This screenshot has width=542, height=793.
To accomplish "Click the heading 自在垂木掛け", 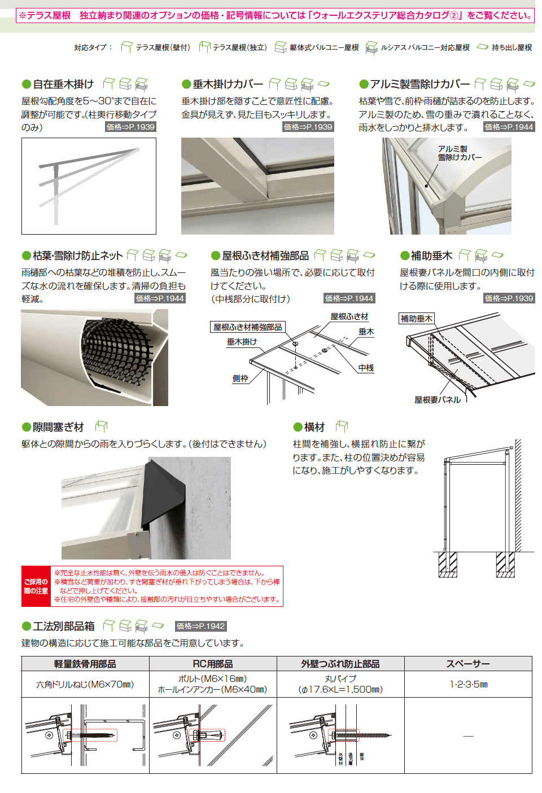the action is (x=63, y=84).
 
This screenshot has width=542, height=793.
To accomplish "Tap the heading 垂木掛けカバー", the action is (x=228, y=84).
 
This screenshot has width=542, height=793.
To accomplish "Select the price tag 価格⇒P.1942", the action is (x=200, y=626).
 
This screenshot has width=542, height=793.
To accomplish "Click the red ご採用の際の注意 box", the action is (x=36, y=586).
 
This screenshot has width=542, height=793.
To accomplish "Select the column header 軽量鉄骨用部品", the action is (x=85, y=664).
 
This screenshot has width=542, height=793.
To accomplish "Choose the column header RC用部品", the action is (x=213, y=664).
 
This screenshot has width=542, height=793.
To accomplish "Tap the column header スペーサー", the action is (x=468, y=664).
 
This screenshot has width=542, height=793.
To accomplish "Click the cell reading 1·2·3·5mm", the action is (x=469, y=684).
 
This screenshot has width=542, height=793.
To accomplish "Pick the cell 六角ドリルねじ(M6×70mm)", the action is (x=85, y=684).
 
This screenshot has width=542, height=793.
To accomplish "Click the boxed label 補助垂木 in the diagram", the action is (x=417, y=319).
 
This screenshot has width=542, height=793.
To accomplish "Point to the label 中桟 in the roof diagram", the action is (x=366, y=368).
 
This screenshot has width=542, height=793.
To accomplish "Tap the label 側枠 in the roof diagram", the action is (x=241, y=378).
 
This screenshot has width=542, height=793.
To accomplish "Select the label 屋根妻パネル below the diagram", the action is (x=438, y=400).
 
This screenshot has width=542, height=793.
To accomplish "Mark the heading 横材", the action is (x=314, y=428).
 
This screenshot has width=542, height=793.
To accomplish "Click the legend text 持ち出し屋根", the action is (x=512, y=47).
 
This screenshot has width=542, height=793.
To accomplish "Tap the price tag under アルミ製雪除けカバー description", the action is (x=509, y=127).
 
